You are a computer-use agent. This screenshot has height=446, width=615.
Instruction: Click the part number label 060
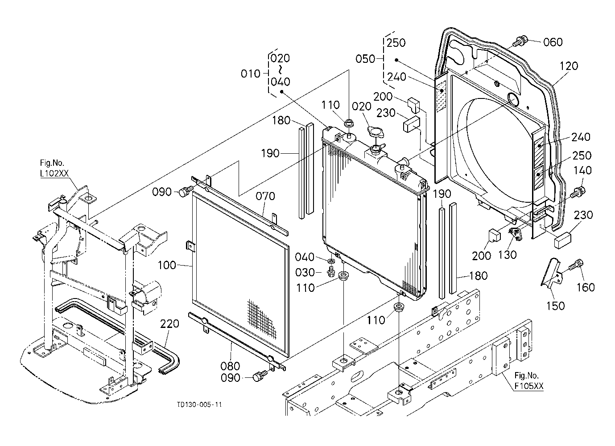[x=553, y=42]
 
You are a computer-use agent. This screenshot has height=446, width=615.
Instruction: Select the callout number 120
[x=569, y=66]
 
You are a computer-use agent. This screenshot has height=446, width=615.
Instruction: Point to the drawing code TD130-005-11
[x=200, y=404]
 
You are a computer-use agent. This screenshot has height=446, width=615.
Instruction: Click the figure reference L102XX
[x=54, y=173]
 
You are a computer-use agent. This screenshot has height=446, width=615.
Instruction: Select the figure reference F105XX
[x=529, y=386]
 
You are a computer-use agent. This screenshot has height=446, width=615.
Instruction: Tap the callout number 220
[x=169, y=324]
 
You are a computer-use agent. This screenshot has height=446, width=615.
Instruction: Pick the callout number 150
[x=555, y=306]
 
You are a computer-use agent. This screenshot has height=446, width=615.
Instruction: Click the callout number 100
[x=167, y=265]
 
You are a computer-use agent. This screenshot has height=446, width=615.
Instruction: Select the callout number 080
[x=230, y=366]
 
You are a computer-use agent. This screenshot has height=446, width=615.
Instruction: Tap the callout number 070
[x=265, y=196]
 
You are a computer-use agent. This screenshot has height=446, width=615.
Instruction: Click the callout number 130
[x=508, y=255]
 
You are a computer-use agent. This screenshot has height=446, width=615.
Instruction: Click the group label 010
[x=250, y=74]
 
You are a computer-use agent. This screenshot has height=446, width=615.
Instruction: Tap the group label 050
[x=365, y=59]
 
